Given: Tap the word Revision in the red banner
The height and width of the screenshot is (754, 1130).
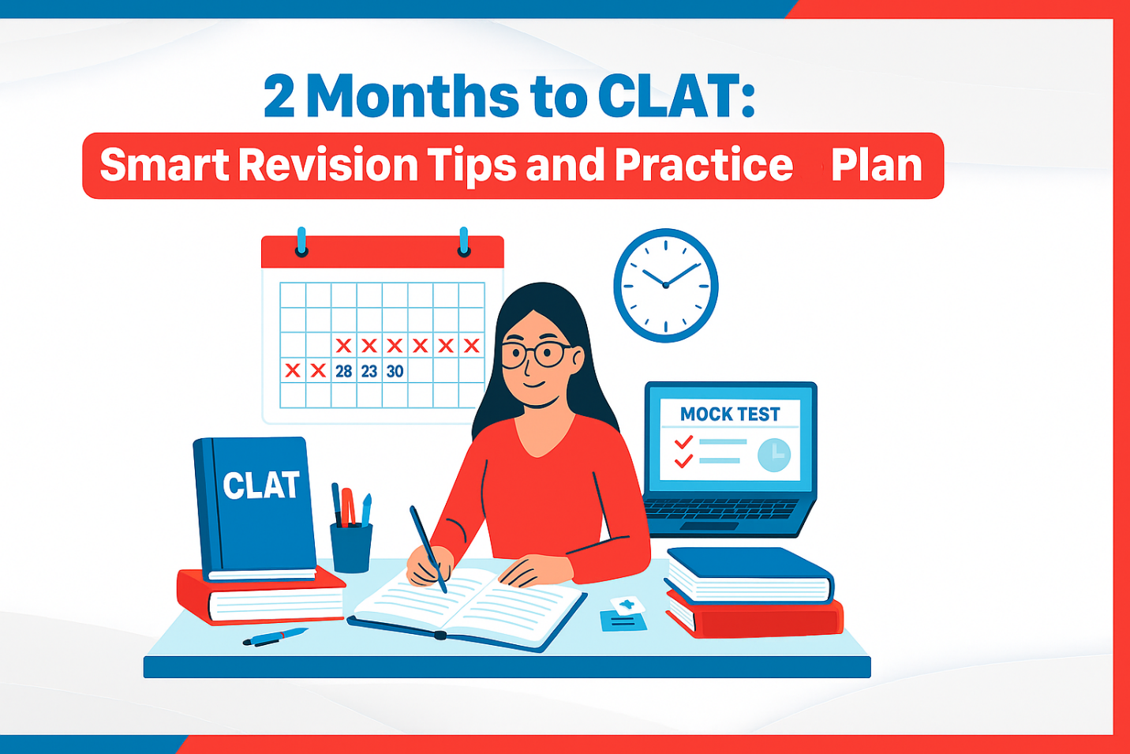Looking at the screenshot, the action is [328, 164].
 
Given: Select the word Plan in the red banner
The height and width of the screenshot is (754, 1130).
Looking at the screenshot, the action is [877, 165].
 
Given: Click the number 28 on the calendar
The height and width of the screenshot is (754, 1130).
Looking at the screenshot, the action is [343, 371].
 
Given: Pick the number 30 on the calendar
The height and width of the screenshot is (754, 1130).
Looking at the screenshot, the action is [395, 371].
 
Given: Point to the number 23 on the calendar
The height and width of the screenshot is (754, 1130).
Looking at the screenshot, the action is [369, 371].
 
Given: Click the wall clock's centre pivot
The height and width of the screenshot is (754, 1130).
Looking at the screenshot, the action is [666, 286].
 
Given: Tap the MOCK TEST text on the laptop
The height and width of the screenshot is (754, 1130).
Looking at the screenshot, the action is [730, 415].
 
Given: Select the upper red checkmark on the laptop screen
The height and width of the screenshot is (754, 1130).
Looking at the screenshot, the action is [683, 442].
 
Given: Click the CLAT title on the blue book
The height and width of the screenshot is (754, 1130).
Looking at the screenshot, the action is [261, 486].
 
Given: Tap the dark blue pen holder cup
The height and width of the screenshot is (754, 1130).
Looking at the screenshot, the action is [351, 548].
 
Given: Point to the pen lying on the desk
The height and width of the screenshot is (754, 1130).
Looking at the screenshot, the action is [275, 637].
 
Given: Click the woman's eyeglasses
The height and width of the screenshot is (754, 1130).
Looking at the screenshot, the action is [537, 354].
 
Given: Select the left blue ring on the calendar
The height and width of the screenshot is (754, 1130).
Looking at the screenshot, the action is [301, 242].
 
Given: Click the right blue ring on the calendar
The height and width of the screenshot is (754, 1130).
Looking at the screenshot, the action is [464, 242].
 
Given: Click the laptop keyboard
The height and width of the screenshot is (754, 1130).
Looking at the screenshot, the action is [720, 508].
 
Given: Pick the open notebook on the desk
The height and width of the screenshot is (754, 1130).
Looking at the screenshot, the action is [466, 609].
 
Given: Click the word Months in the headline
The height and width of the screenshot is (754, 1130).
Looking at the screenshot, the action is [412, 96].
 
